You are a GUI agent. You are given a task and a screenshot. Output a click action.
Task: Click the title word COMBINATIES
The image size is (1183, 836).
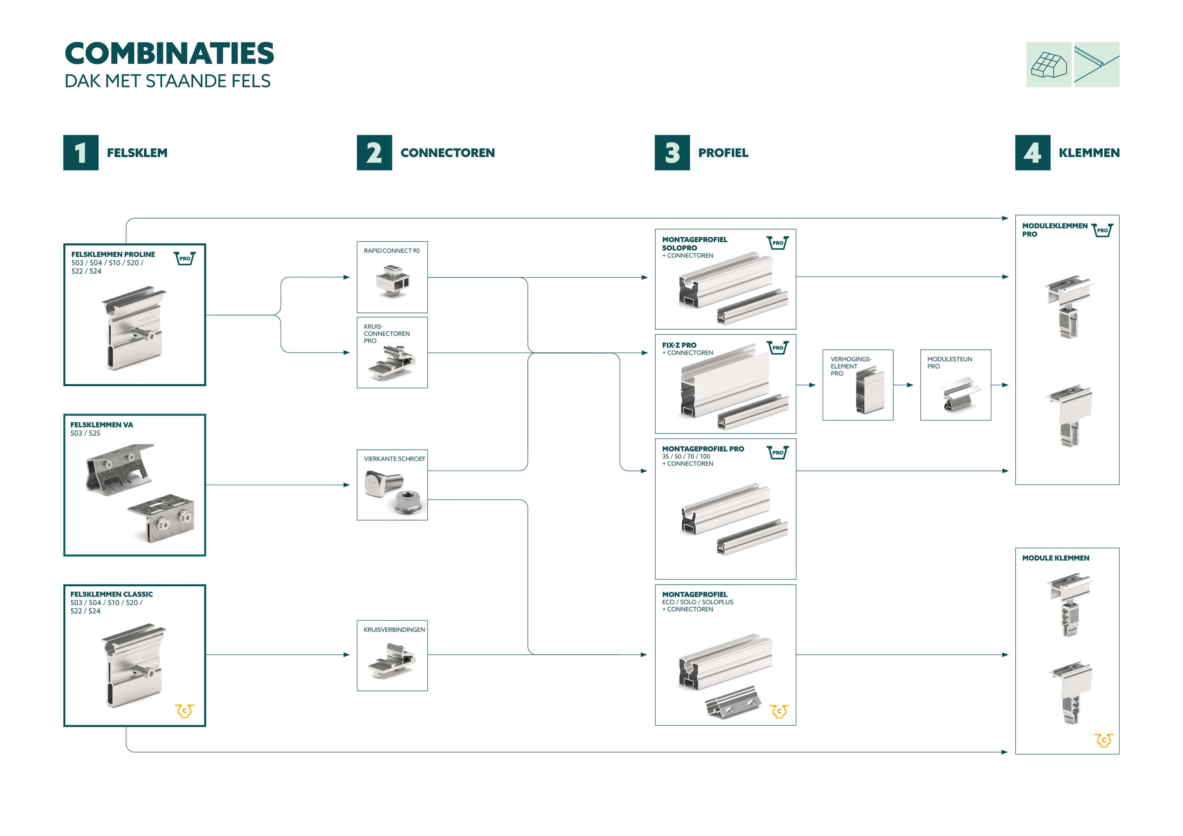[x=169, y=54]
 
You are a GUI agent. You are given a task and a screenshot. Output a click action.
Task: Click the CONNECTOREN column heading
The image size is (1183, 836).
[x=447, y=153]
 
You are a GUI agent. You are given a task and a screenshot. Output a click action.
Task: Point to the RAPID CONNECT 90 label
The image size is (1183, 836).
[x=392, y=251]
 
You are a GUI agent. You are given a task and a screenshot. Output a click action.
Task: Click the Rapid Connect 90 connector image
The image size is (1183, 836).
[x=392, y=281]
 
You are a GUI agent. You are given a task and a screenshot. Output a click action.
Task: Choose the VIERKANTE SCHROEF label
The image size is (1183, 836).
[x=394, y=459]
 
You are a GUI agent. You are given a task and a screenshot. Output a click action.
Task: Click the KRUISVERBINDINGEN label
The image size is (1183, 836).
[x=394, y=629]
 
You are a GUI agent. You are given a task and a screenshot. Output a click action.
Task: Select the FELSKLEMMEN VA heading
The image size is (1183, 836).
[x=101, y=425]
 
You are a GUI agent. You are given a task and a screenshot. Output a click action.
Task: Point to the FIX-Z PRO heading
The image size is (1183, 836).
[x=679, y=345]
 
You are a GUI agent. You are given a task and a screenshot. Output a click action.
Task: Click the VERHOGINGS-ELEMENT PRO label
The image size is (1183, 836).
[x=851, y=366]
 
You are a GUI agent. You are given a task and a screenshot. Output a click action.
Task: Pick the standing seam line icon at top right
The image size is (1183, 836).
[x=1096, y=65]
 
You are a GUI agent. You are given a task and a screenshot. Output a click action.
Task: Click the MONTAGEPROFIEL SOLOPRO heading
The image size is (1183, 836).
[x=694, y=244]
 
